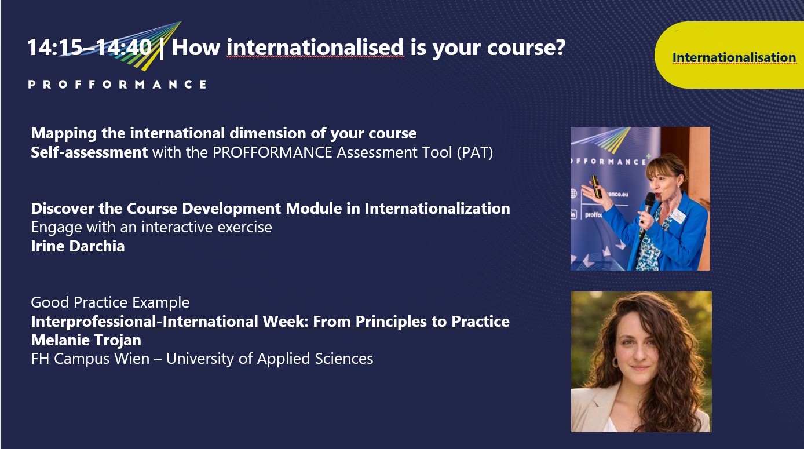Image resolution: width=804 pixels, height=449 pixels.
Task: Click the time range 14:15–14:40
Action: (89, 48)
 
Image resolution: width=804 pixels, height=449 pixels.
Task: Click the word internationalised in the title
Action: (315, 48)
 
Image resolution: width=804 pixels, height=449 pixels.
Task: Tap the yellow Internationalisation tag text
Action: (734, 57)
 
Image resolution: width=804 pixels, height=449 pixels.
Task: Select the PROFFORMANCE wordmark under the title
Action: (117, 85)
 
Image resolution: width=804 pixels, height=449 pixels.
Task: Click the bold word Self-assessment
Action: (89, 152)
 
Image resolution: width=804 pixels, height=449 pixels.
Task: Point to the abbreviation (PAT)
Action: (475, 152)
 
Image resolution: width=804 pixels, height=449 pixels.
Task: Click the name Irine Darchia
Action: (78, 246)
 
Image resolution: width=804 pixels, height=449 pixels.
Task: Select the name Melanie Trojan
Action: (86, 340)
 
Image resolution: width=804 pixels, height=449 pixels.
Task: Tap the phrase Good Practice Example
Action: (110, 302)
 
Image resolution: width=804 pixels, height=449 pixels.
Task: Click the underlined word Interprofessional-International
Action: (144, 321)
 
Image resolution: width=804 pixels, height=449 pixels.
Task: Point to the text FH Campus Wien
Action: (90, 359)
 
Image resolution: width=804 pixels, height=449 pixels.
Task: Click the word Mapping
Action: (64, 134)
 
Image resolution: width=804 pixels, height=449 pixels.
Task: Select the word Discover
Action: (63, 209)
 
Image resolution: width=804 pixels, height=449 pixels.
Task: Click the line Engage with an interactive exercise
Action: (151, 228)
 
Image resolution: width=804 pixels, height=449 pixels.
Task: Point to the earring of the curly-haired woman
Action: (615, 362)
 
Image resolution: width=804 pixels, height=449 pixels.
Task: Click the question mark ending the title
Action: (559, 47)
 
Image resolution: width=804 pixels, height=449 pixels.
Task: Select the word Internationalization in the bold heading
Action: (437, 209)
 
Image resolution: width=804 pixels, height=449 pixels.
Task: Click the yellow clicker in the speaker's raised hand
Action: (596, 187)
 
